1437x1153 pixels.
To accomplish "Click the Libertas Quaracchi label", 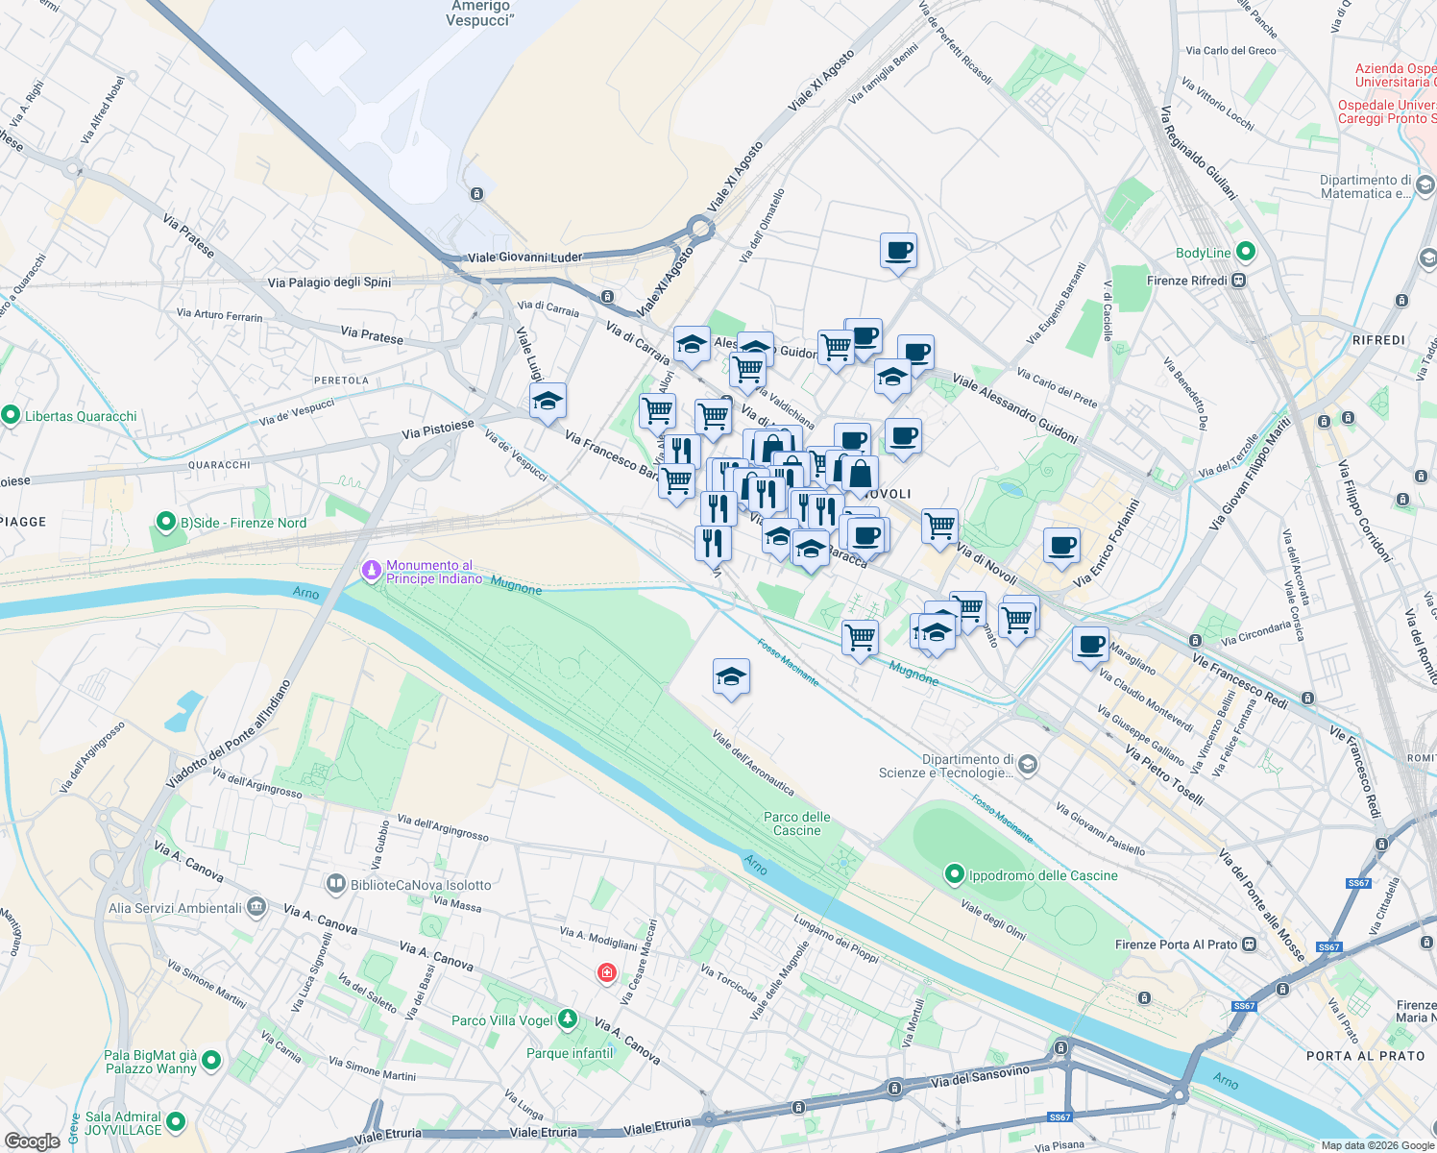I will [81, 416].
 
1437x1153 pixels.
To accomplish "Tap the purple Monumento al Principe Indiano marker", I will [372, 572].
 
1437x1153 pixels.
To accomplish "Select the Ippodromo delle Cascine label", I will [1043, 875].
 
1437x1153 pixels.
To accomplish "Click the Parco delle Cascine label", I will [797, 823].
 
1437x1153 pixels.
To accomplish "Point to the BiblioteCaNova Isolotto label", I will [421, 885].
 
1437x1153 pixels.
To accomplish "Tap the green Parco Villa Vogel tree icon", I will [568, 1018].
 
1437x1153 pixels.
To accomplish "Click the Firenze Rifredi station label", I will [1187, 281].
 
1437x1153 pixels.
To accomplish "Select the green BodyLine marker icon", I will [1246, 252].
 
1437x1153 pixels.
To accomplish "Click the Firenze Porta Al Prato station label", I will [1176, 944].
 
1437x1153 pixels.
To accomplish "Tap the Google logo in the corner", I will [32, 1141].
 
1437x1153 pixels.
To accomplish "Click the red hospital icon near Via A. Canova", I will [606, 973].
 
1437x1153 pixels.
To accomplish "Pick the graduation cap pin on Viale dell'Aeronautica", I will [731, 677].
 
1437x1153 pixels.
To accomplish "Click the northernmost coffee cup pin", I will [898, 252].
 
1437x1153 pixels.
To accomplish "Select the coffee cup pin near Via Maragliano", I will [1090, 645].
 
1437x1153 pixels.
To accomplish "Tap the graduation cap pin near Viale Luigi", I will [548, 402].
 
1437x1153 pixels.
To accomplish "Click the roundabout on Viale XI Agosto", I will [699, 229].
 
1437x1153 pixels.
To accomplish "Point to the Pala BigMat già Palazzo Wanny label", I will [150, 1062].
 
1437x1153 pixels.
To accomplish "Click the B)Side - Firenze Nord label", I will [243, 523].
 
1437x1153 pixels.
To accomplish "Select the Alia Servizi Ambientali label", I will [176, 908].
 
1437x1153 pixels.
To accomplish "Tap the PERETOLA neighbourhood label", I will [341, 380].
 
